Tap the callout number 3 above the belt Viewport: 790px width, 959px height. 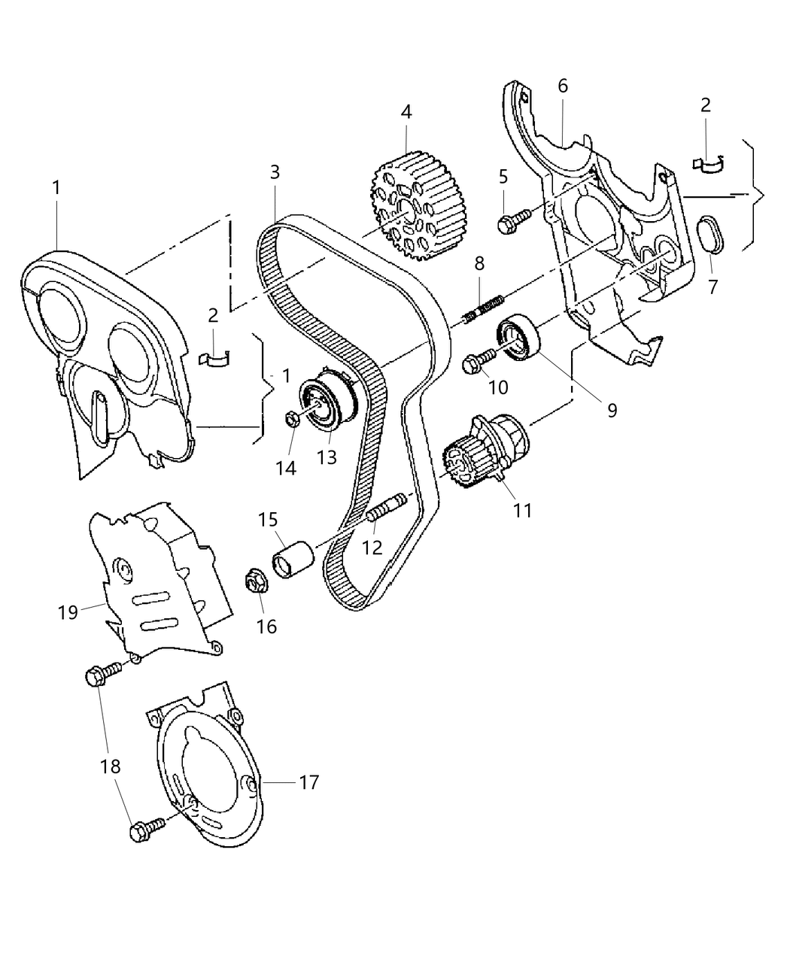275,171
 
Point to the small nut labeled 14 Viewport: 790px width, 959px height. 294,418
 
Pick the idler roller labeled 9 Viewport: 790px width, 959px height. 519,339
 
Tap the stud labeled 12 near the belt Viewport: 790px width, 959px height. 387,505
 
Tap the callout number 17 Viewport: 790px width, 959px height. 308,782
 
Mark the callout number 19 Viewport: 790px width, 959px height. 68,612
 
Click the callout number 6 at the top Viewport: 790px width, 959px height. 563,86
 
